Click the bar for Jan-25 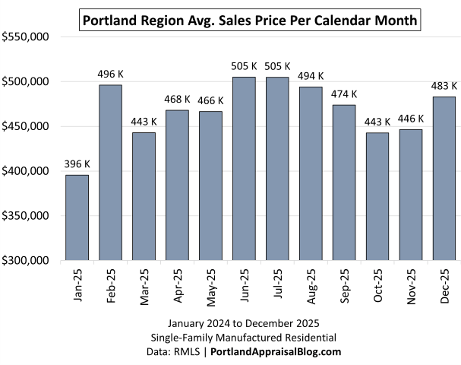point(77,217)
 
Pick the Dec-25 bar point(444,179)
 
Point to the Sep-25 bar point(344,182)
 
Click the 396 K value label point(77,164)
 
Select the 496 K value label point(110,74)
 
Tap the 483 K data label point(444,86)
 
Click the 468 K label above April point(177,100)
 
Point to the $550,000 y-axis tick point(27,36)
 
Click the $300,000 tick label point(27,260)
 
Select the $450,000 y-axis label point(27,126)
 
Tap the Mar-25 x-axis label point(144,286)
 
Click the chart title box point(250,21)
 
